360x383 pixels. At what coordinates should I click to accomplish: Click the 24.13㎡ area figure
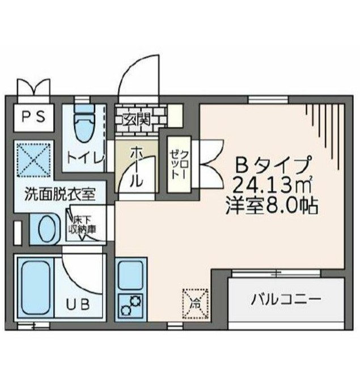click(274, 184)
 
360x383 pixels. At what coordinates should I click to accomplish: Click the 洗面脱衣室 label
click(58, 194)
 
